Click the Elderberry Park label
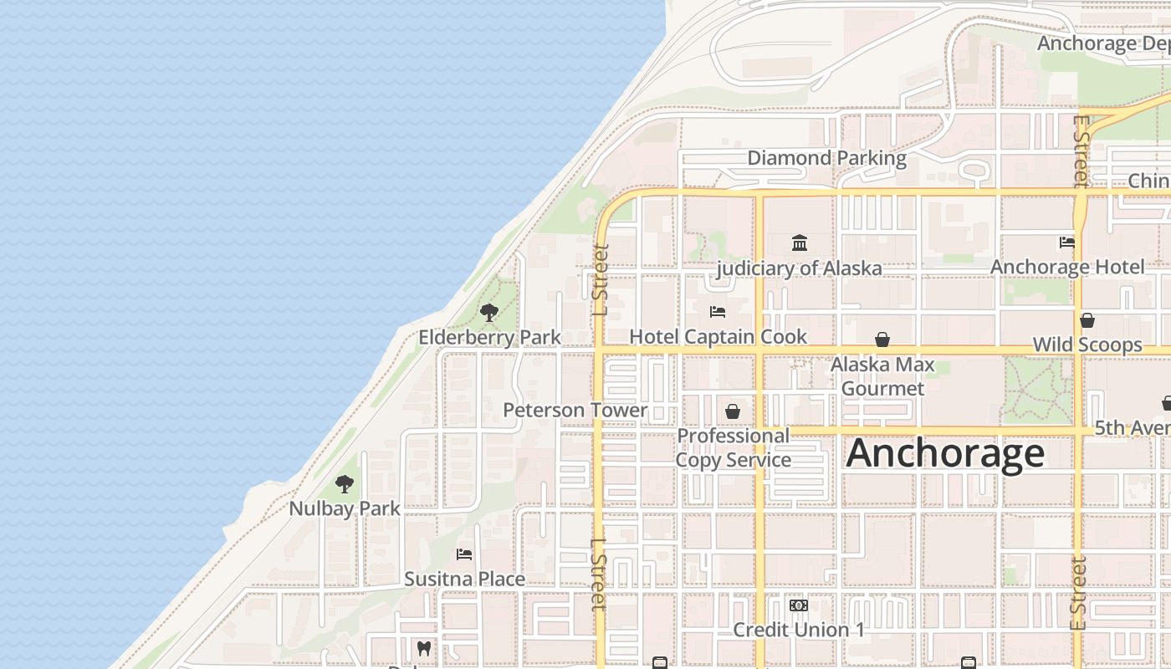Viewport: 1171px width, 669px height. (x=489, y=337)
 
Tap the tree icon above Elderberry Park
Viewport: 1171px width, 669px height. (x=489, y=314)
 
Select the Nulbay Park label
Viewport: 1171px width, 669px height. (x=345, y=508)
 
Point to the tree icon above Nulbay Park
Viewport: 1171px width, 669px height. (x=344, y=484)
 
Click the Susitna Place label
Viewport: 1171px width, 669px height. (x=464, y=579)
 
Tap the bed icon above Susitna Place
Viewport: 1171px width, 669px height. (x=464, y=554)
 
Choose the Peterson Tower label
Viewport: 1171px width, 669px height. (x=575, y=410)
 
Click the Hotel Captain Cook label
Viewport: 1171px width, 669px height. (x=718, y=336)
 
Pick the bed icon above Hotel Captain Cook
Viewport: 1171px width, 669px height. (x=718, y=312)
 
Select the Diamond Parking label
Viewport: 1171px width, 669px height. (x=826, y=158)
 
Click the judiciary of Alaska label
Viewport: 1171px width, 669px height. (x=800, y=268)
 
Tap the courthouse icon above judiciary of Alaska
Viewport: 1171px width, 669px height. (x=800, y=243)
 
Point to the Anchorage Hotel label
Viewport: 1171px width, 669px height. (x=1067, y=267)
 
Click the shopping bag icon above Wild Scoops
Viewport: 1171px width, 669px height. (x=1087, y=320)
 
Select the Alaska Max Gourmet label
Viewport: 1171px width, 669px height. (x=882, y=376)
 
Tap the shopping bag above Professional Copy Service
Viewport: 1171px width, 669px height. (x=733, y=411)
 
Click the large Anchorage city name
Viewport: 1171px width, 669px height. (x=945, y=453)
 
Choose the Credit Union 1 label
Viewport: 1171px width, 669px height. (x=799, y=630)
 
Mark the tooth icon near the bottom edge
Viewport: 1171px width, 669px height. (x=424, y=648)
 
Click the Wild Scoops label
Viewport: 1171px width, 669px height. (x=1087, y=345)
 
